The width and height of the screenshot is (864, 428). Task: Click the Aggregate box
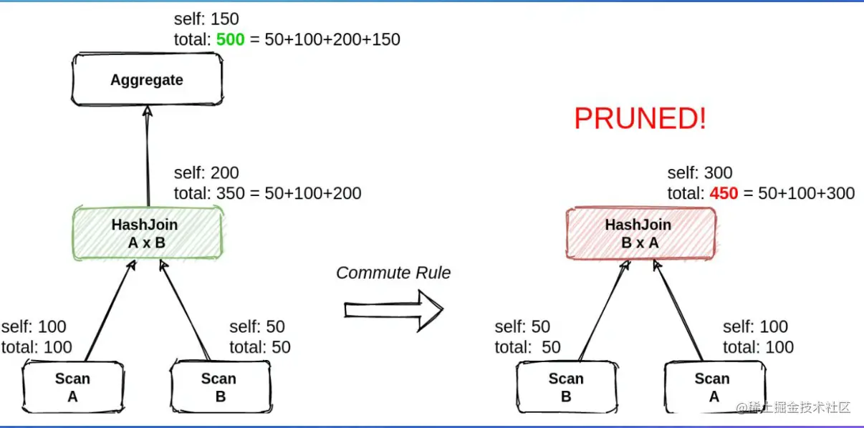[x=147, y=79]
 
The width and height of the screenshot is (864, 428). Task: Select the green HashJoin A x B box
[x=148, y=233]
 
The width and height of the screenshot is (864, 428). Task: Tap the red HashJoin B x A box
[x=640, y=233]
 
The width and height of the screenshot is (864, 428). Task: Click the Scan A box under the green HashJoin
[x=73, y=386]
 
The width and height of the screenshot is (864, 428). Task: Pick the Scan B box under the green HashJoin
[x=221, y=386]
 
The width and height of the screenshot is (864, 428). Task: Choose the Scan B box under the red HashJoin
[x=567, y=386]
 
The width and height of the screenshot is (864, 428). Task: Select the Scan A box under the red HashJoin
[x=715, y=386]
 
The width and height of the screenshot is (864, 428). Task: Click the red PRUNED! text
[x=640, y=118]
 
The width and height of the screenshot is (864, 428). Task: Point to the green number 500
[x=230, y=39]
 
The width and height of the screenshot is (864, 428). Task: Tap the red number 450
[x=724, y=193]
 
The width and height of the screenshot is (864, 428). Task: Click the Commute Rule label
[x=393, y=273]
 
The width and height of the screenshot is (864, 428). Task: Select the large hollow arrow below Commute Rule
[x=393, y=311]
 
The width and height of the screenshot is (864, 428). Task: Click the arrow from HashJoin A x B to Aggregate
[x=148, y=157]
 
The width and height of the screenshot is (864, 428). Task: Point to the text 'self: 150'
[x=206, y=19]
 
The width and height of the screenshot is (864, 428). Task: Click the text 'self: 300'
[x=700, y=172]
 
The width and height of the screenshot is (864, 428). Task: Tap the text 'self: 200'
[x=206, y=172]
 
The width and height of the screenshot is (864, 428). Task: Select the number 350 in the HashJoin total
[x=230, y=193]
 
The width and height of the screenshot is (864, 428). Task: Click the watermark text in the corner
[x=793, y=407]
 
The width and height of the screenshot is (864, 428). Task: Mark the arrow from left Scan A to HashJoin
[x=111, y=311]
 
